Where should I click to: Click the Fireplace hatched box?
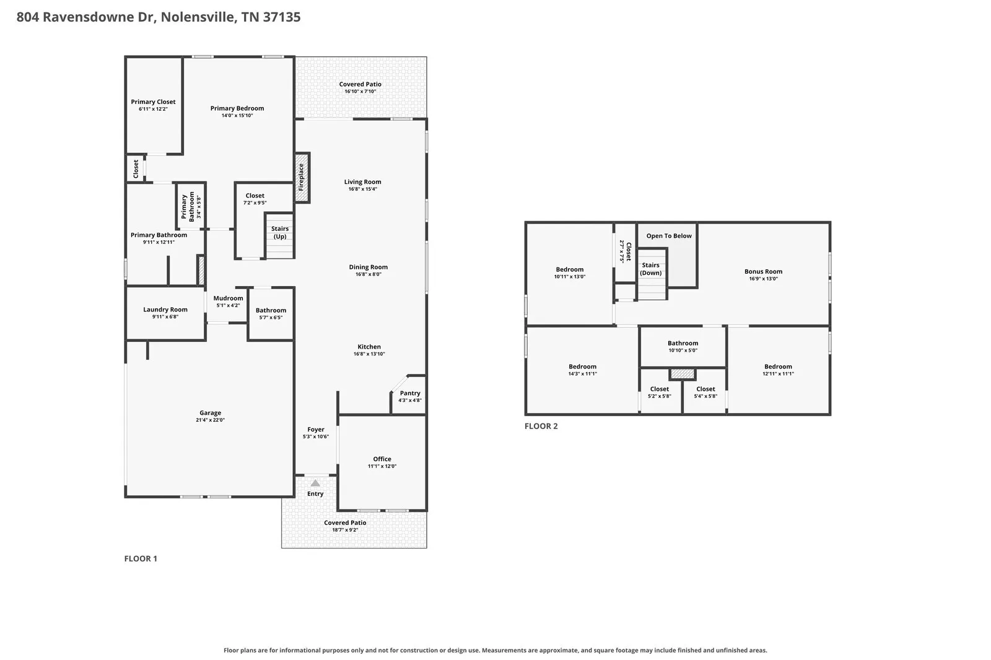(x=302, y=178)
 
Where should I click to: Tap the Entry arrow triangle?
(x=315, y=483)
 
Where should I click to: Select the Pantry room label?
(x=410, y=393)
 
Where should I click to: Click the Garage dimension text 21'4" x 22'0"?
(x=210, y=420)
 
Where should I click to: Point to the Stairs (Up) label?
(x=279, y=232)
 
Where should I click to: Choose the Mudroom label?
(x=229, y=298)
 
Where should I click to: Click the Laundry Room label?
(x=165, y=309)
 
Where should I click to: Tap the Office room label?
(x=382, y=459)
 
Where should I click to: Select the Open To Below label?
(x=669, y=236)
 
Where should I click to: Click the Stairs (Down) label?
(x=651, y=269)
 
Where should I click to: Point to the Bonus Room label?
(x=763, y=271)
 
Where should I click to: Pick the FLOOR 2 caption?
(x=541, y=426)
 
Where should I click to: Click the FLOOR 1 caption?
(x=141, y=558)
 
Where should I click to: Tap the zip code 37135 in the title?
(x=282, y=17)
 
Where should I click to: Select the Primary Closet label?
(x=153, y=102)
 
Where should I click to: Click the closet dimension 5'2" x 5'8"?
(x=660, y=396)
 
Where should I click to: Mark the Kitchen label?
(x=369, y=346)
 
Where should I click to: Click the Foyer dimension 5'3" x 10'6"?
(x=316, y=436)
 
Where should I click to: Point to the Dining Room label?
(x=369, y=267)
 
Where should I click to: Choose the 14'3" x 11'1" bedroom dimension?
(x=583, y=374)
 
